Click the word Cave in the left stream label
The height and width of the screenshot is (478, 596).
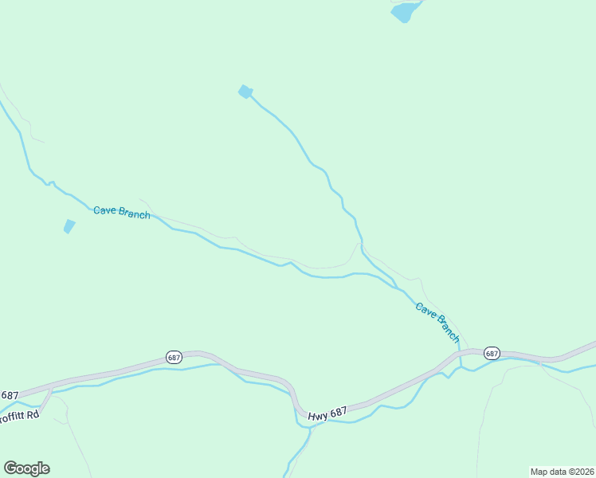point(104,210)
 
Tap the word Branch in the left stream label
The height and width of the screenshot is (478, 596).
point(133,214)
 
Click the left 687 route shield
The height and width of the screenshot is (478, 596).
point(174,357)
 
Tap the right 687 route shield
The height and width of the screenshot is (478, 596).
point(491,353)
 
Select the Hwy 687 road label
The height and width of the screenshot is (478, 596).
point(327,411)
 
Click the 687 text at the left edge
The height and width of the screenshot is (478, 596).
point(9,395)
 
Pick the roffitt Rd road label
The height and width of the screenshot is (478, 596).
point(19,415)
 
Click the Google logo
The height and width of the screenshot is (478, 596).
point(26,468)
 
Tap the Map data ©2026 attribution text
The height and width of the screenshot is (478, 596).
point(562,472)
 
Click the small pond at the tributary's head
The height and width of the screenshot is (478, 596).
point(245,92)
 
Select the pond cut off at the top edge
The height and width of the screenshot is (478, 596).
point(405,10)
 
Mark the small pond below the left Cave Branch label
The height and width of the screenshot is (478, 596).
point(69,226)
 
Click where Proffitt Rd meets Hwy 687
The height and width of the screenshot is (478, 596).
point(49,390)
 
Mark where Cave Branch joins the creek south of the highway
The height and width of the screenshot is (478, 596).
point(461,366)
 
